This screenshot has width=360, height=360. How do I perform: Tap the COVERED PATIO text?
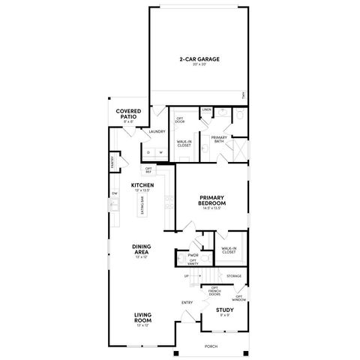click(x=129, y=113)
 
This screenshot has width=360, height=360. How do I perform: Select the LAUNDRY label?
click(x=157, y=131)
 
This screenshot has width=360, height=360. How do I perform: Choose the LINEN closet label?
click(x=206, y=110)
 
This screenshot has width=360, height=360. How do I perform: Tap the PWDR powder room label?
click(x=193, y=255)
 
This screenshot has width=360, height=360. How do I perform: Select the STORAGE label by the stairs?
click(x=234, y=276)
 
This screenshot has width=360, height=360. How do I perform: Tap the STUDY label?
click(x=223, y=310)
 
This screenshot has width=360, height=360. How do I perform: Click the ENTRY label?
click(x=187, y=302)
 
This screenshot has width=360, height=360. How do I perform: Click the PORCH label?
click(x=211, y=346)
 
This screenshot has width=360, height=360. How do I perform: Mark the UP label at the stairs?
click(x=186, y=276)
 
